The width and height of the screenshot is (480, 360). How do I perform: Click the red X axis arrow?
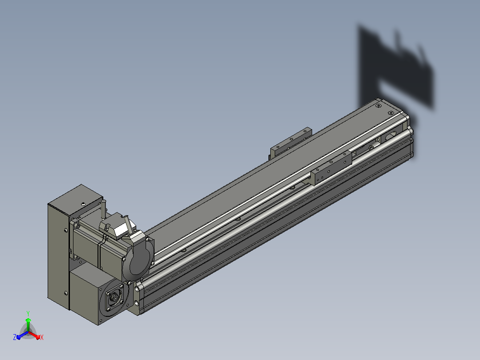(35, 335)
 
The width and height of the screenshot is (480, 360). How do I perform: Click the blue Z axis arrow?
(22, 335)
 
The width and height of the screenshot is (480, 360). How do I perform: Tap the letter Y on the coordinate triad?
(28, 314)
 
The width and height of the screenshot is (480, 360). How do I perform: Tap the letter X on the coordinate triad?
(42, 337)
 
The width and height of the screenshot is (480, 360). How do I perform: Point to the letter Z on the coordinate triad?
(15, 337)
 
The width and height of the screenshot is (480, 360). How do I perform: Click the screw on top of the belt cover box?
(83, 204)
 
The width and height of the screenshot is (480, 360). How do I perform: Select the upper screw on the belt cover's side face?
(66, 230)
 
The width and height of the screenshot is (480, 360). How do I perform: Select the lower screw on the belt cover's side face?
(66, 293)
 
